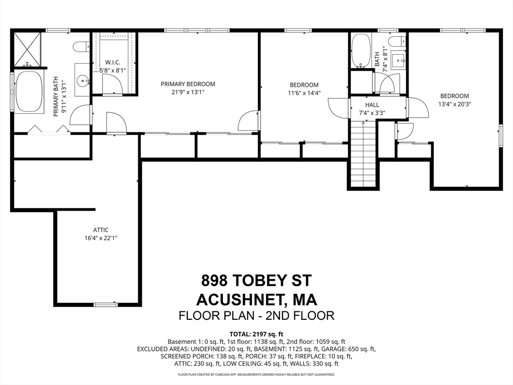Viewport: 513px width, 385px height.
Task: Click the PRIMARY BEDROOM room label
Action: [x=188, y=84]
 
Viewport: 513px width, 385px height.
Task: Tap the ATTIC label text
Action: [x=101, y=230]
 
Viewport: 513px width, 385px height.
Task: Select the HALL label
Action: [x=372, y=105]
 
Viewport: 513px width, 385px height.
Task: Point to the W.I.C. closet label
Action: [x=113, y=62]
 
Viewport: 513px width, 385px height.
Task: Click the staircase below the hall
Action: [x=363, y=153]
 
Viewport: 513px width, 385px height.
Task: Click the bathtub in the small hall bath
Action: [x=362, y=51]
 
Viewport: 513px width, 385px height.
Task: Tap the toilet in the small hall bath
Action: [x=397, y=42]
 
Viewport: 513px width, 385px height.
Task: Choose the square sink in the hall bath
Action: [x=398, y=60]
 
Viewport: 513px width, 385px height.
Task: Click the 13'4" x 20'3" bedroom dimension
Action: [x=454, y=104]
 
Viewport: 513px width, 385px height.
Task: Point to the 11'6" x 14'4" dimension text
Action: [x=304, y=93]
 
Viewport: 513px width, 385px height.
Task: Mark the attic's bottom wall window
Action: [x=105, y=305]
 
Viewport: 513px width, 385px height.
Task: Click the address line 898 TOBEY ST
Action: [x=256, y=280]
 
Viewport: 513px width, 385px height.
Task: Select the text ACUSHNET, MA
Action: [x=256, y=300]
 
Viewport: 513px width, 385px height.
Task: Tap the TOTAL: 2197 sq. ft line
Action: [x=256, y=334]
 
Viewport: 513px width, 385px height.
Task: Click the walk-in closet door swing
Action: [x=113, y=84]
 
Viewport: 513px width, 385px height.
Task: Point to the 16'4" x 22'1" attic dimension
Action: [x=101, y=238]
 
